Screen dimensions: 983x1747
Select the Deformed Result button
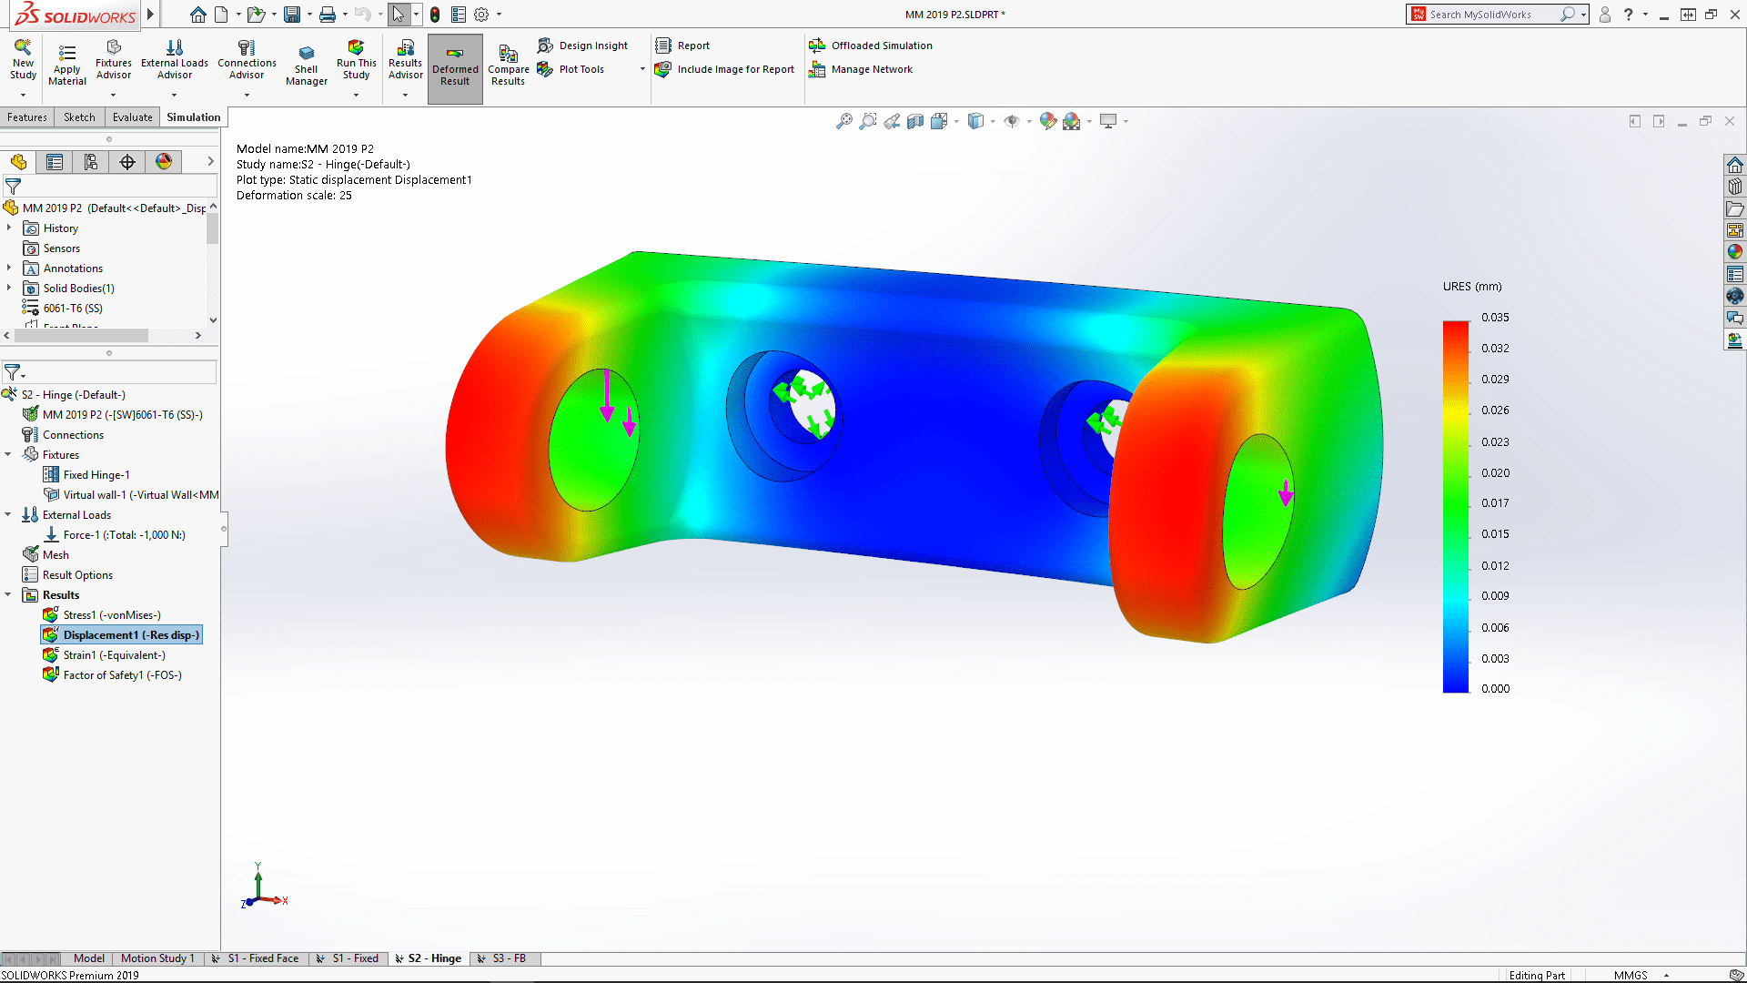coord(455,67)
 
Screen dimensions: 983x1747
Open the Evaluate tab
coord(132,117)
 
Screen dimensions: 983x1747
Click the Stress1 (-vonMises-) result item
coord(111,615)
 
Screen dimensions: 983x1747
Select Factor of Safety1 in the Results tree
coord(122,675)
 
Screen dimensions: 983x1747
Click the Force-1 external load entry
coord(124,535)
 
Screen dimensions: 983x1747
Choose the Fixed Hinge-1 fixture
coord(96,475)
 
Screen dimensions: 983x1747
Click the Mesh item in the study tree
coord(56,555)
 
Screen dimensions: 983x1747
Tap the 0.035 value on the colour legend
coord(1494,318)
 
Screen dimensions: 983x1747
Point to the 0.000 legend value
coord(1494,689)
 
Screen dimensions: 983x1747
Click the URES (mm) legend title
coord(1471,287)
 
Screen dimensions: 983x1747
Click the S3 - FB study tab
coord(508,958)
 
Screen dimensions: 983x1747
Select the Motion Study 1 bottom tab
coord(157,958)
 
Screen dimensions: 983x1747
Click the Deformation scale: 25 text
coord(294,196)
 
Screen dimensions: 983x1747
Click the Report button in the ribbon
coord(692,46)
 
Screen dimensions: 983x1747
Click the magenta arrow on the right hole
coord(1285,493)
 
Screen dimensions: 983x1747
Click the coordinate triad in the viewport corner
coord(261,890)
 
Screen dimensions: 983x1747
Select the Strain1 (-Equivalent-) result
coord(114,655)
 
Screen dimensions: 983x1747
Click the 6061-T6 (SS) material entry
coord(73,309)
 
